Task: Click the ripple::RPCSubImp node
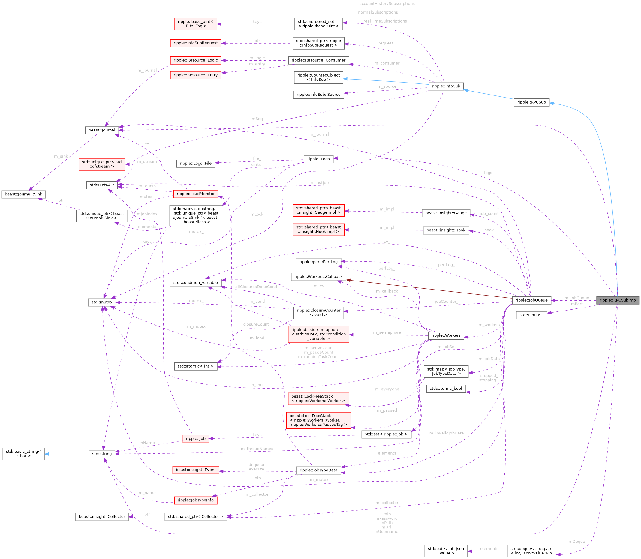[617, 300]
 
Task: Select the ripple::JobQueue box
[531, 300]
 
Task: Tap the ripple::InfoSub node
[446, 86]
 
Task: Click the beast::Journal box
[102, 130]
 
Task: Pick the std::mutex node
[102, 302]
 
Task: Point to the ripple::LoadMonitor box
[196, 194]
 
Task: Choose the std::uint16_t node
[531, 315]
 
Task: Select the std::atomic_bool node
[446, 388]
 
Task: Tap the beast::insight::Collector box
[102, 517]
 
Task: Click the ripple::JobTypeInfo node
[196, 500]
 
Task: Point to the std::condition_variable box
[196, 282]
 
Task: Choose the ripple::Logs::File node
[196, 163]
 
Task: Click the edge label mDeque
[576, 542]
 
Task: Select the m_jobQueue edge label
[576, 298]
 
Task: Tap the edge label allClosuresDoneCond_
[257, 286]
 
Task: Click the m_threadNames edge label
[257, 449]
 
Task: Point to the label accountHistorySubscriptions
[387, 3]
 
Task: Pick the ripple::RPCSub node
[531, 102]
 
